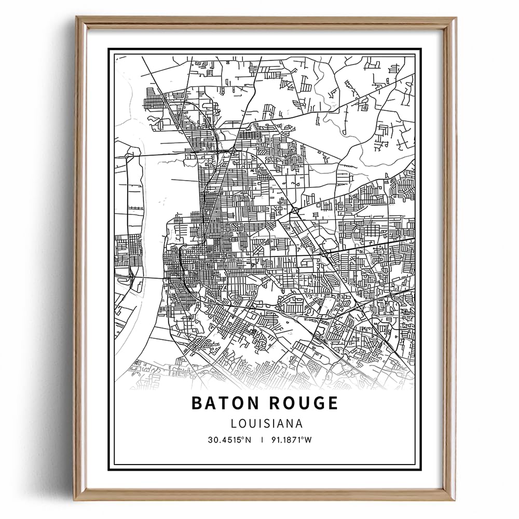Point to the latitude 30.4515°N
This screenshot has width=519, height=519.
click(229, 440)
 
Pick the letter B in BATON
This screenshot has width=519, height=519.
click(197, 403)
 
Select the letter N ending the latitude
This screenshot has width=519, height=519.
click(248, 440)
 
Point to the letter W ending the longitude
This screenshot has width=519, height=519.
click(308, 440)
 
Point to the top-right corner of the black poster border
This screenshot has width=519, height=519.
click(420, 49)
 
